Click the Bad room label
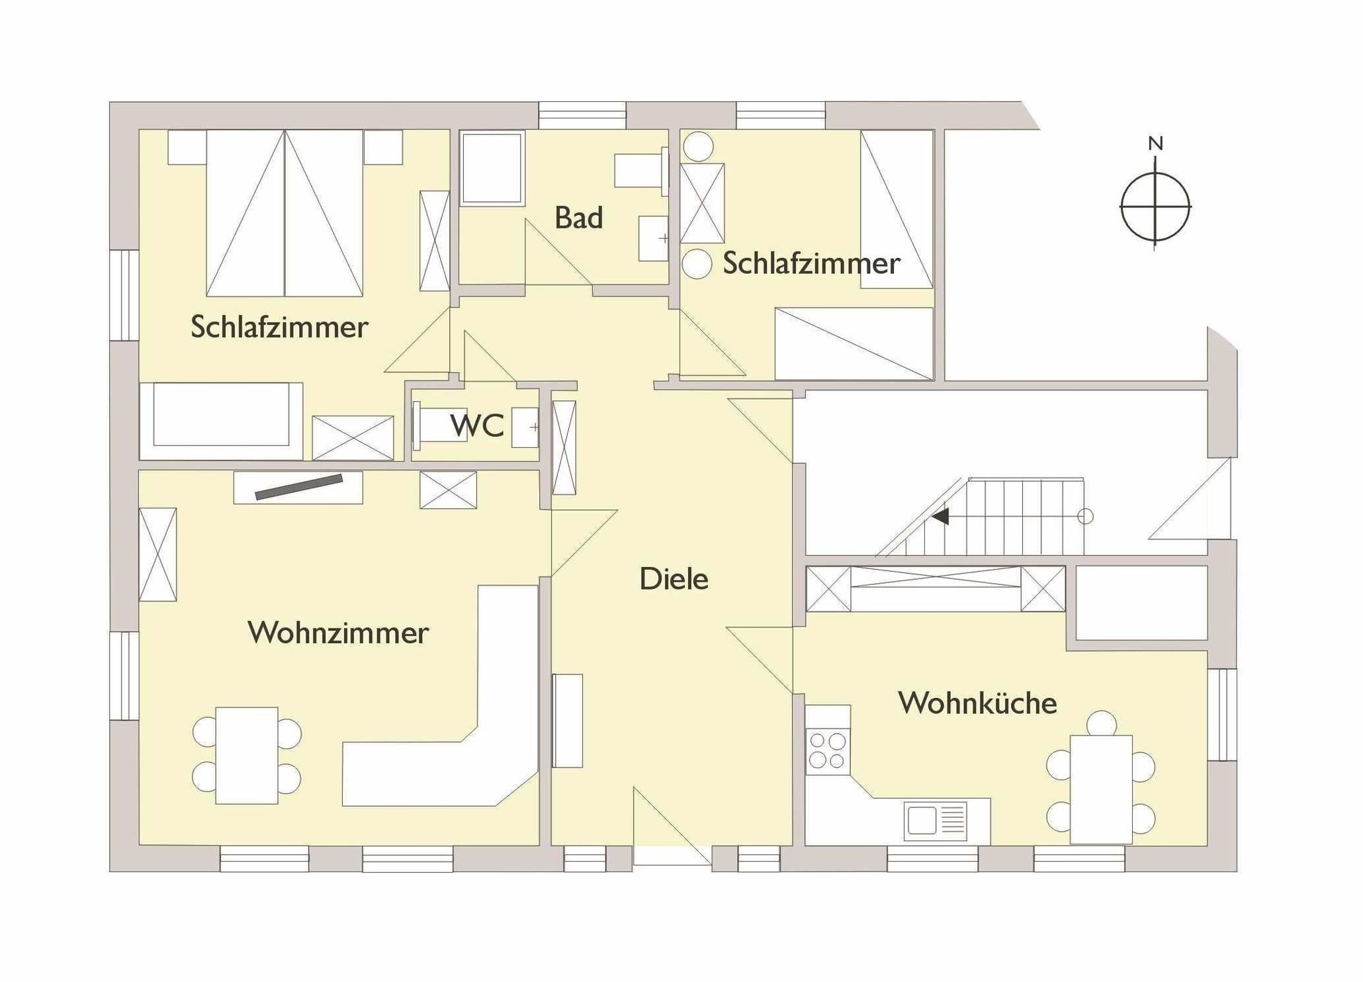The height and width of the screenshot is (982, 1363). (x=578, y=218)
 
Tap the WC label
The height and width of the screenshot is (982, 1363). (x=477, y=425)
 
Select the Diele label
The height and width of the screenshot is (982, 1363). (x=674, y=579)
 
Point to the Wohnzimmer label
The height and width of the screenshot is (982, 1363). (x=338, y=633)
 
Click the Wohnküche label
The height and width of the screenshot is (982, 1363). (x=977, y=703)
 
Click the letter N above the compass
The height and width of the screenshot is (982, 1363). (x=1155, y=144)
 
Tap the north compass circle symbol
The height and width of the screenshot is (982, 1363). (x=1155, y=206)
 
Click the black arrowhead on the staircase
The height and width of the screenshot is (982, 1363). (x=941, y=516)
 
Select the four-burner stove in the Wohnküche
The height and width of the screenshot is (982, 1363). (x=827, y=750)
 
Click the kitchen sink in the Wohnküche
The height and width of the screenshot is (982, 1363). (x=935, y=821)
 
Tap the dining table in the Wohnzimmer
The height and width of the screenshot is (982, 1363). (x=247, y=755)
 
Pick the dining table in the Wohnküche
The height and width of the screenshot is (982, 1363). (x=1101, y=789)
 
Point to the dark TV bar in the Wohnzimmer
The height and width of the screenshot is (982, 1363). (x=299, y=487)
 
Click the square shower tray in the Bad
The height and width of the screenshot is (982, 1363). (x=492, y=169)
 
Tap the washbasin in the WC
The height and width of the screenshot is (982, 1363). (x=526, y=427)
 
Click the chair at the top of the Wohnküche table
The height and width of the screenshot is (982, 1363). (x=1102, y=723)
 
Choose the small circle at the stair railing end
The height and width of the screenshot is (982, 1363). (x=1085, y=516)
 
